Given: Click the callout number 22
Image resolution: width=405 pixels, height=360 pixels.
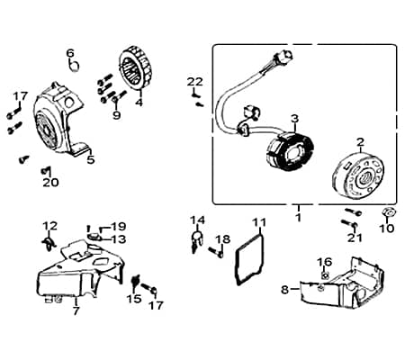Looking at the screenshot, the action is coord(195,82).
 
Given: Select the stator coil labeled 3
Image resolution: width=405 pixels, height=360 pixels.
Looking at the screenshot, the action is coord(290,152).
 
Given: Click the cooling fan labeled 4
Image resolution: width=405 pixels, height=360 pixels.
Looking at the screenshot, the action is coord(137,67).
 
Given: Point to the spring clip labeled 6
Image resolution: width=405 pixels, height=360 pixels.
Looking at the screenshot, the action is coord(75,64).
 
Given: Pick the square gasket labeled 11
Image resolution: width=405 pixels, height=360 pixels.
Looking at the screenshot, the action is coord(248,259).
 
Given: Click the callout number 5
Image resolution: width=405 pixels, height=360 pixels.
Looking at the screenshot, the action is coord(91,160).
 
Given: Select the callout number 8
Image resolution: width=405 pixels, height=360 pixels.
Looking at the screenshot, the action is coord(284,290).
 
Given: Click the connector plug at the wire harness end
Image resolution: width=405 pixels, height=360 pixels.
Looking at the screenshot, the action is coord(283,56).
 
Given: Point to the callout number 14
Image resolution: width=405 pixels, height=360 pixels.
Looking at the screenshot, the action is coord(198,220).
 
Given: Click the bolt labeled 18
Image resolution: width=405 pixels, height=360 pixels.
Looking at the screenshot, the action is coord(216,252).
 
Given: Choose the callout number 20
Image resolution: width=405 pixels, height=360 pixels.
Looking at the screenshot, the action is coord(50,183).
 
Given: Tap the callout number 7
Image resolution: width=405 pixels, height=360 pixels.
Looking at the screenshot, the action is coord(76,311).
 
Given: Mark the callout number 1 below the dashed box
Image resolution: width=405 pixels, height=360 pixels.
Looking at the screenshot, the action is coord(298,218).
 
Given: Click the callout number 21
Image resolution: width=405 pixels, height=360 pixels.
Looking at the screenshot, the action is coord(355,238).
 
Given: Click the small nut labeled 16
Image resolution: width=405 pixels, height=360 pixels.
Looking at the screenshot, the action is coord(325,274).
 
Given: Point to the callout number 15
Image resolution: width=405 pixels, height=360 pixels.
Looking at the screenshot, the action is coord(133,299).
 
